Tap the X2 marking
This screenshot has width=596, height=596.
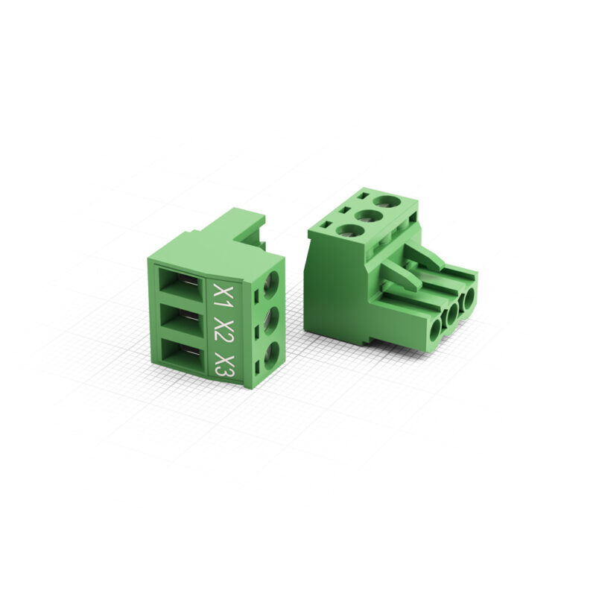(x=221, y=330)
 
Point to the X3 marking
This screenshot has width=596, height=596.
(x=223, y=364)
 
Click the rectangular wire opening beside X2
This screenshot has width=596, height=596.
(x=180, y=321)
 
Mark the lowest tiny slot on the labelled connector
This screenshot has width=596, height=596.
(x=258, y=367)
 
